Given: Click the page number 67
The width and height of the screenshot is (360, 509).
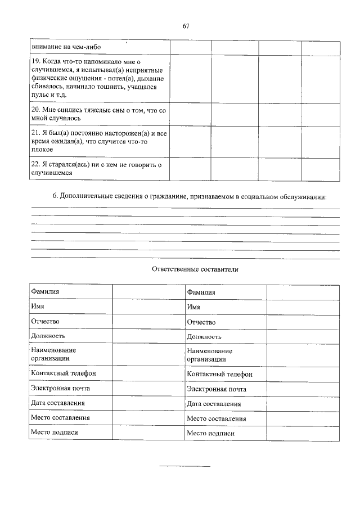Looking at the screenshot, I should click(186, 26).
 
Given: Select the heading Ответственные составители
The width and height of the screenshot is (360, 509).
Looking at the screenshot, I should click(195, 269).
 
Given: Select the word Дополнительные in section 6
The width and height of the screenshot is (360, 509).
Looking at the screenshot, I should click(85, 196).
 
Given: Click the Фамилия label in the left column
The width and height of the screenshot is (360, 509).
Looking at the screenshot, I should click(45, 292).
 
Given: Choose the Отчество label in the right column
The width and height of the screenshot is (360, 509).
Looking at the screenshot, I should click(201, 322).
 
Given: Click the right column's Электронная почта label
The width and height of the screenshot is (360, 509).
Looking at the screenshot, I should click(216, 389).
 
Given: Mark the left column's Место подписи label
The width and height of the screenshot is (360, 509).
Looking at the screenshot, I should click(54, 433).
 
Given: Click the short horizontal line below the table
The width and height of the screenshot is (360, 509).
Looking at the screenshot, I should click(185, 466).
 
